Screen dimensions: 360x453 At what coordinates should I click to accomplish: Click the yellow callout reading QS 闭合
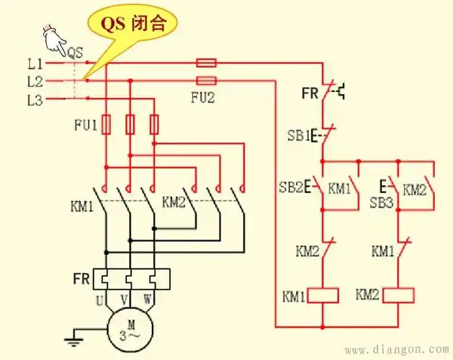pos(136,22)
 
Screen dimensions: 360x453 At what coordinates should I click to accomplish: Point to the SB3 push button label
pos(382,204)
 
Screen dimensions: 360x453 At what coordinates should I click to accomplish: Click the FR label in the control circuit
pos(310,92)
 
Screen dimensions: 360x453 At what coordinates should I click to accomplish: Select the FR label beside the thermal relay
pos(81,278)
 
